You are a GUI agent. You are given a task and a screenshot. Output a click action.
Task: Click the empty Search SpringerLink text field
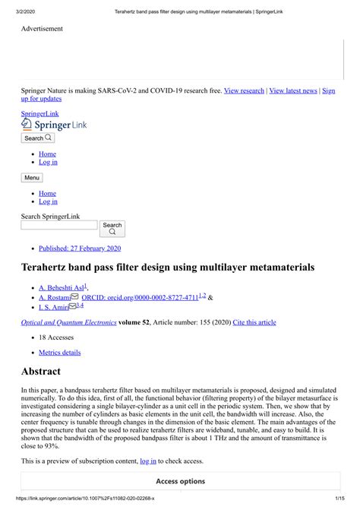point(58,225)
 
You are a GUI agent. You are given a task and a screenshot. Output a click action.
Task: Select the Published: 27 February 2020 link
point(80,248)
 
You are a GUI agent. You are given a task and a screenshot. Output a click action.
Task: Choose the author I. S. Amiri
point(54,307)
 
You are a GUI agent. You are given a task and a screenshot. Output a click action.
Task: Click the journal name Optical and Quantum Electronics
point(69,322)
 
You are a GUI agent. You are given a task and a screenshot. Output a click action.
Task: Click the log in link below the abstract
point(148,461)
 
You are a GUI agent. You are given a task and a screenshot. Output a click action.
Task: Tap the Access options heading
point(180,481)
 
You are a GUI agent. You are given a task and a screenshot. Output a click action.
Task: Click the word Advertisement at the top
point(42,29)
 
